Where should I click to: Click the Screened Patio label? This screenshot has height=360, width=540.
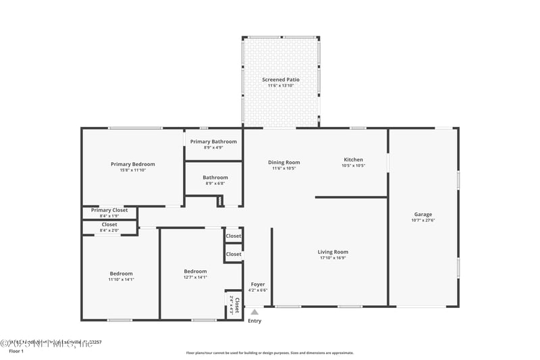[281, 80]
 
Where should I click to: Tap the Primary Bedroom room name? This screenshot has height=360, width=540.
[133, 164]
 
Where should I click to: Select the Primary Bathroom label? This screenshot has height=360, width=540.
[213, 142]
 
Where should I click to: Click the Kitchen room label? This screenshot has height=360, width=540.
[353, 160]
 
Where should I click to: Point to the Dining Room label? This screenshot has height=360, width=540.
[283, 162]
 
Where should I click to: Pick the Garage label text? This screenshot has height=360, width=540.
[423, 215]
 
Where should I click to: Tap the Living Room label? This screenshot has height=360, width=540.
[333, 252]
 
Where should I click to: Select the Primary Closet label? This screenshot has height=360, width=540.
[109, 210]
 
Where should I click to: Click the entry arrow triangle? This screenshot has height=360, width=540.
[254, 312]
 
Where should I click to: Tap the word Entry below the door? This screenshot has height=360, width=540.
[254, 321]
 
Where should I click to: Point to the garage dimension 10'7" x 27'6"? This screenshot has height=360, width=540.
[423, 221]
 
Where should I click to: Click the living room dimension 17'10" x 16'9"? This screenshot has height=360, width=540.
[333, 258]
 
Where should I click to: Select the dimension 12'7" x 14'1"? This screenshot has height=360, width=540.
[195, 277]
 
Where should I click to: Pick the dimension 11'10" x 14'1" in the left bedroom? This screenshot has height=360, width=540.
[122, 280]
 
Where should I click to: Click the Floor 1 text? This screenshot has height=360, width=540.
[16, 351]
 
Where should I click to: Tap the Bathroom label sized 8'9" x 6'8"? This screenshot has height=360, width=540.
[215, 178]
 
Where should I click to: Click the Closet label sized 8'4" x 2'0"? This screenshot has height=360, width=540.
[109, 224]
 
